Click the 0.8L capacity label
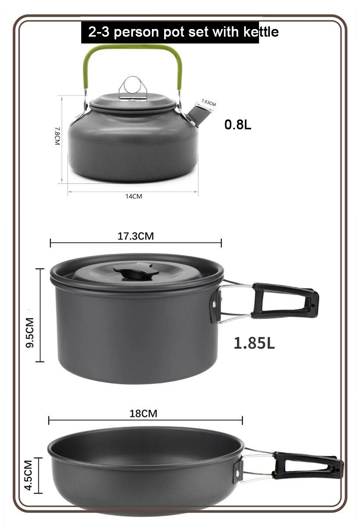[x=238, y=125]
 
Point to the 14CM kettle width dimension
[x=133, y=196]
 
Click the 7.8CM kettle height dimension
[x=57, y=137]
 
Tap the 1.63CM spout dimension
[x=209, y=103]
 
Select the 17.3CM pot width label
[x=135, y=236]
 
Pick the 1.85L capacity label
[x=254, y=343]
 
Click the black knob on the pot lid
[x=135, y=271]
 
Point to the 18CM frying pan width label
[x=143, y=414]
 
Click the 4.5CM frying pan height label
[x=29, y=475]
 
